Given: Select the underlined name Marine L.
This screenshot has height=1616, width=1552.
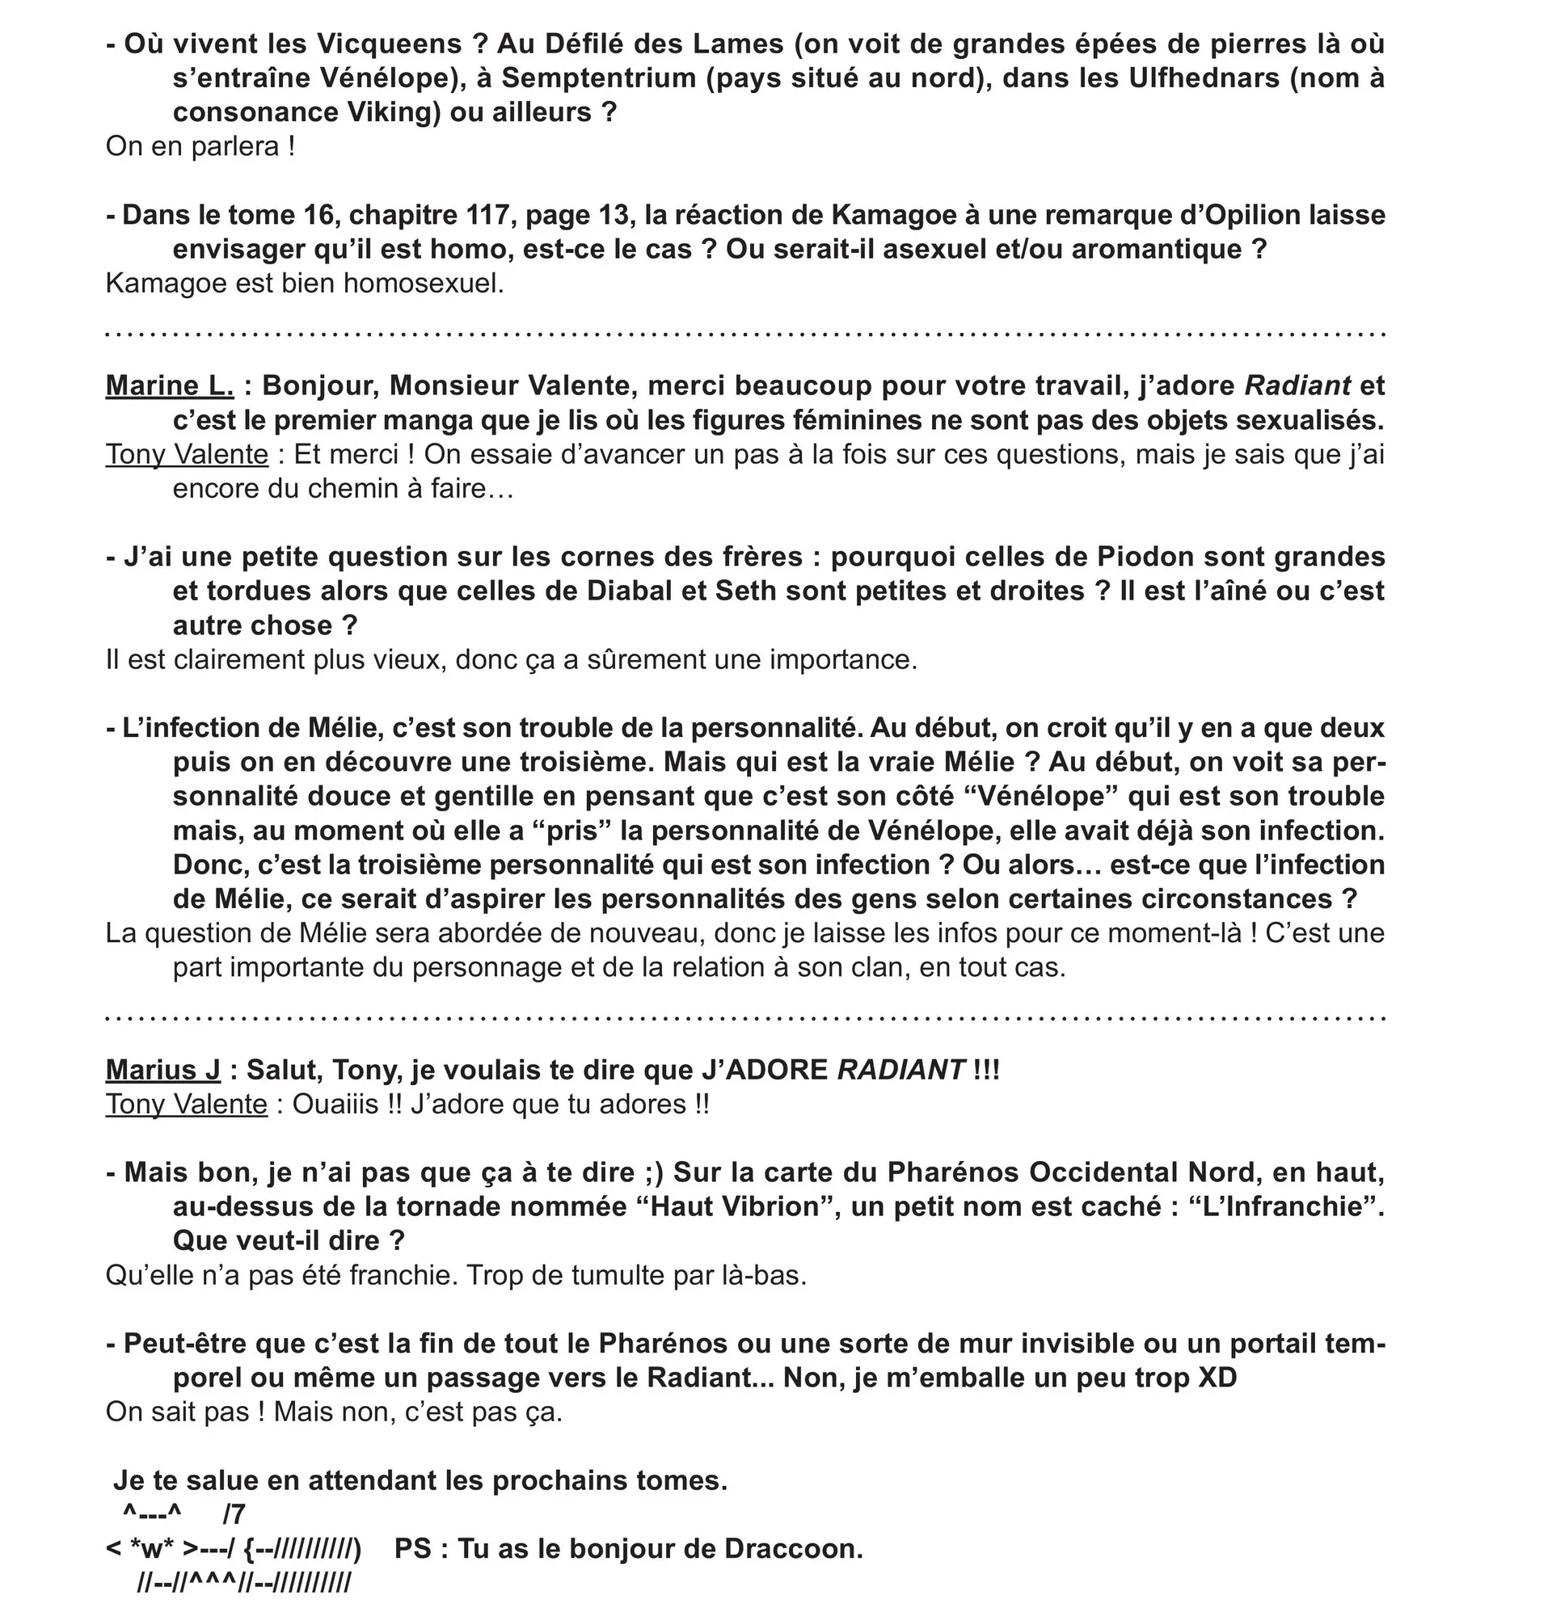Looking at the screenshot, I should pos(170,386).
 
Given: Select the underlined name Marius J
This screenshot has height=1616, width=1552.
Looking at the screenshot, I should pos(163,1070).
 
